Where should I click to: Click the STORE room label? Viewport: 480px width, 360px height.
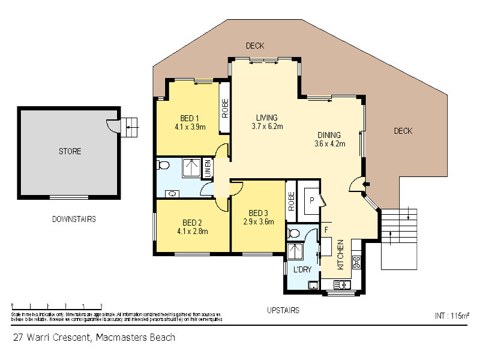point(70,151)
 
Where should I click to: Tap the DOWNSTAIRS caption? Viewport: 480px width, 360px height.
point(74,219)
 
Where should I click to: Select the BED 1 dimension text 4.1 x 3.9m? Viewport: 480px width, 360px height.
point(190,127)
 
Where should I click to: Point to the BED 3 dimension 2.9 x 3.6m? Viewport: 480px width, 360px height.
point(258,221)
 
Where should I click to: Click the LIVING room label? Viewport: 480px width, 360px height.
point(267,118)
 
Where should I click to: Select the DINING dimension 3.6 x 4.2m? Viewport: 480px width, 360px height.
point(329,143)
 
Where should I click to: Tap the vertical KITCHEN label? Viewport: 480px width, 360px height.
point(340,254)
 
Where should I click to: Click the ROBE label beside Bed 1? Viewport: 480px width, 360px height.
point(225,106)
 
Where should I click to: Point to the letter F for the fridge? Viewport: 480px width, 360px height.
point(326,230)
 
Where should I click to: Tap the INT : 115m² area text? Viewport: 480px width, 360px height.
point(451,315)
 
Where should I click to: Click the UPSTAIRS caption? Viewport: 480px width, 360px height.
point(283,310)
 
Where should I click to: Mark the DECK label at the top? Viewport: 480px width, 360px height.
point(255,46)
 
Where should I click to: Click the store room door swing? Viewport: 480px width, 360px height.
point(112,125)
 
